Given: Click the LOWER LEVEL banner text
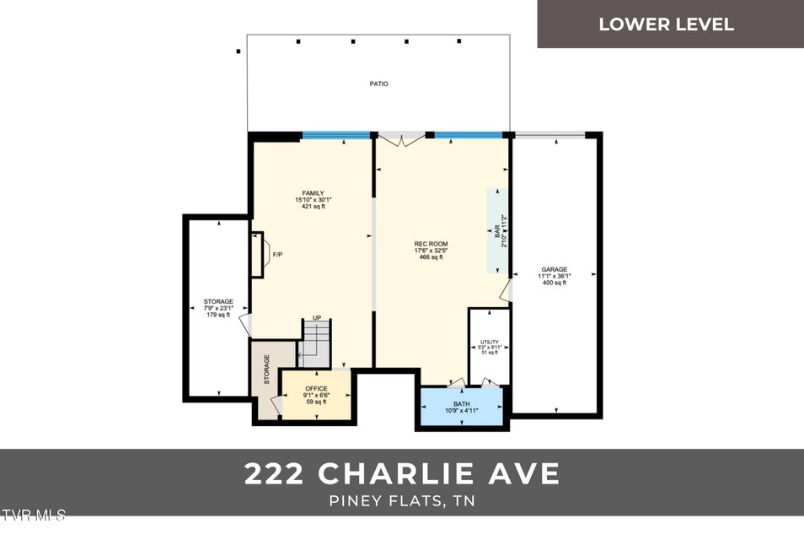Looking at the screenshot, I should click(666, 24).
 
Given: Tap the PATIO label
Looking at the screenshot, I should click(378, 84).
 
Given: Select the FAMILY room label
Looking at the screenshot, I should click(313, 193).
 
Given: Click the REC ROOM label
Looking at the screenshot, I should click(431, 244).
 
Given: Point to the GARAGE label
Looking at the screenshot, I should click(554, 270).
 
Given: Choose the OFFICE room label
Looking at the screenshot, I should click(316, 389).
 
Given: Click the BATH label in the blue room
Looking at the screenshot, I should click(462, 404).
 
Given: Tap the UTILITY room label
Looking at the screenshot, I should click(490, 342).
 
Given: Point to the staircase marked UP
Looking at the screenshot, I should click(317, 338).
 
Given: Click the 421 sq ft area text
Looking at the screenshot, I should click(313, 206).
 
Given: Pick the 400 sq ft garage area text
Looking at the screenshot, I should click(554, 283).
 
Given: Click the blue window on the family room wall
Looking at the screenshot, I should click(336, 134).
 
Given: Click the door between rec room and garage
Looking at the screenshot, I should click(506, 291).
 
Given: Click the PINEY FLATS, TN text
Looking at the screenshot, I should click(401, 500).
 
